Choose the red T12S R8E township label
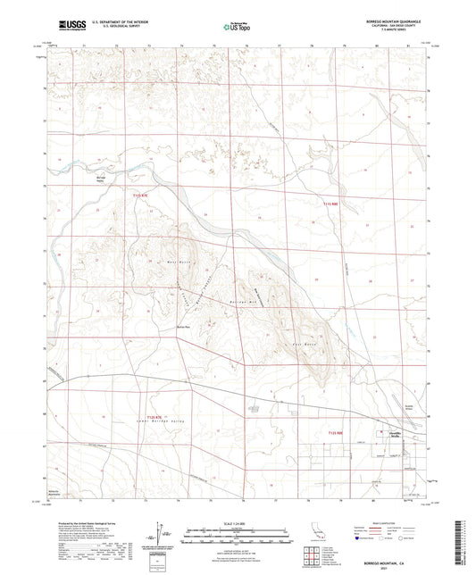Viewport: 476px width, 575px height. click(334, 433)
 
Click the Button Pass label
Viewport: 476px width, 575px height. click(185, 327)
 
